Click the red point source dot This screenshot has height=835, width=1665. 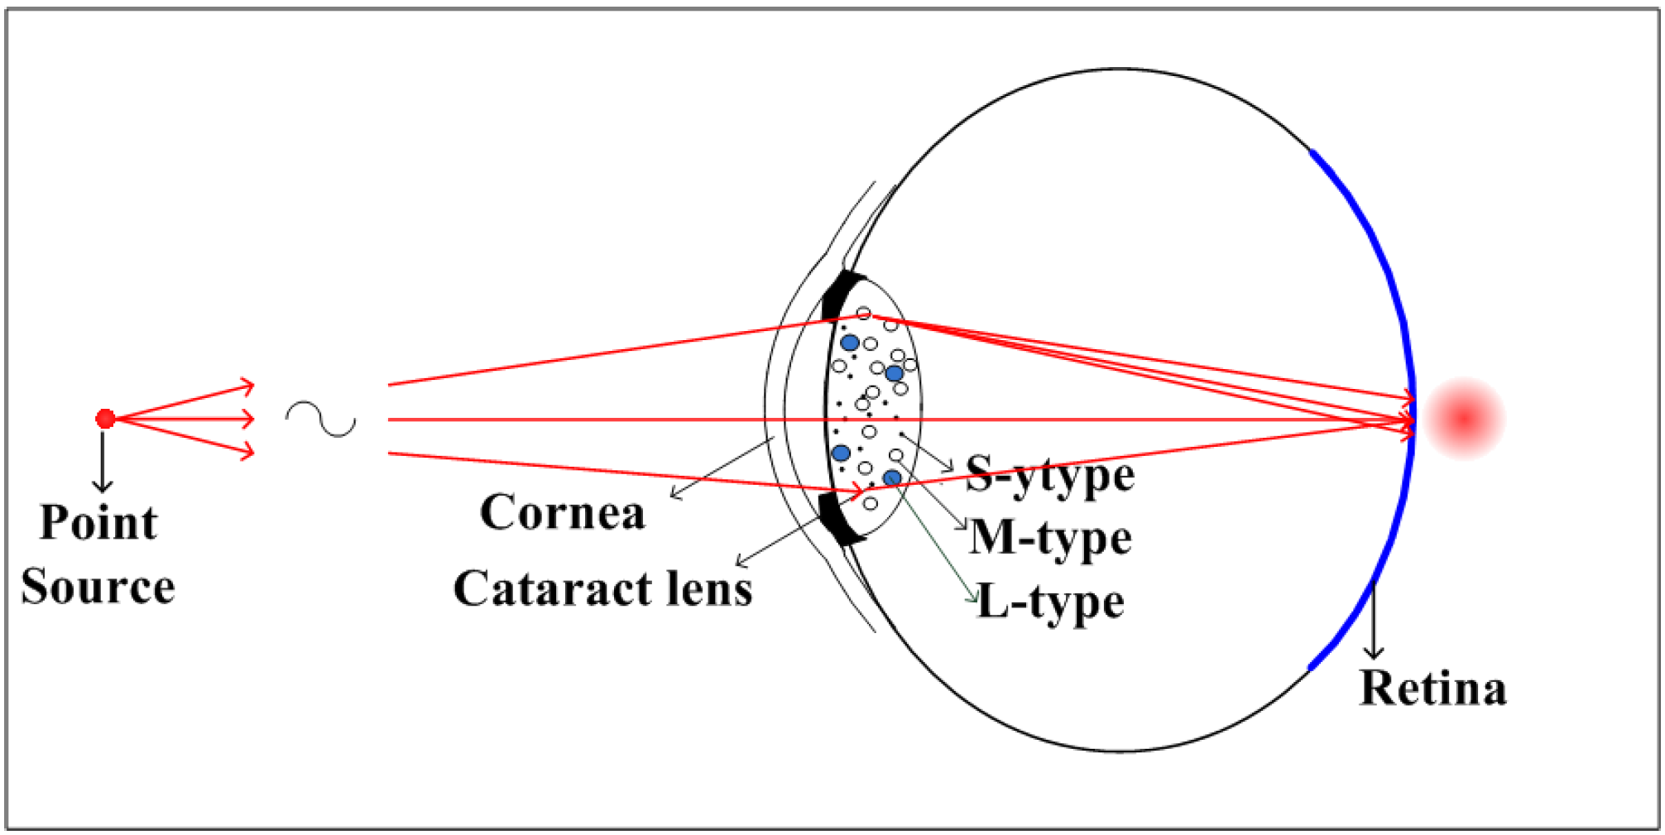tap(105, 419)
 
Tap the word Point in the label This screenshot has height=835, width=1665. tap(98, 523)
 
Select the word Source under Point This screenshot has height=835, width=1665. tap(98, 587)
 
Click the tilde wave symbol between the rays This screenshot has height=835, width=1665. tap(321, 419)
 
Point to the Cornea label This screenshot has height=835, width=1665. tap(562, 512)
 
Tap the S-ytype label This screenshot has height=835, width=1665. tap(1049, 475)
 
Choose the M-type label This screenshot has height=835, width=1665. tap(1050, 538)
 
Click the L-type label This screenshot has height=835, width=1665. tap(1050, 602)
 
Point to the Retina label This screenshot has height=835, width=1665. tap(1432, 688)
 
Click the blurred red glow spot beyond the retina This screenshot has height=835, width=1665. tap(1464, 418)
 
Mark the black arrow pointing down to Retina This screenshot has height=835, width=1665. tap(1374, 621)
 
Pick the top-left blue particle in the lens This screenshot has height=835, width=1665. tap(849, 343)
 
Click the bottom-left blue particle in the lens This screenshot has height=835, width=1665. tap(841, 453)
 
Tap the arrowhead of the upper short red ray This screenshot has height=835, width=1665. tap(247, 386)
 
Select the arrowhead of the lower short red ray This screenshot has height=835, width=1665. tap(247, 452)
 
